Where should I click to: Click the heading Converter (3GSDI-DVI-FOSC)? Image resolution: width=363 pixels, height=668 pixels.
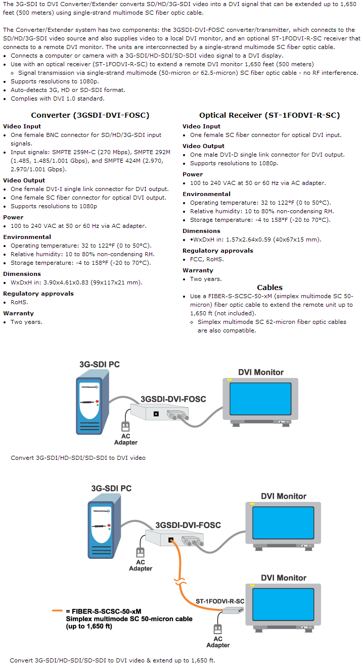tap(90, 115)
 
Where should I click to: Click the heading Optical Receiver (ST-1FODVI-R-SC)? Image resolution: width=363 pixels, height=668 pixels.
tap(269, 115)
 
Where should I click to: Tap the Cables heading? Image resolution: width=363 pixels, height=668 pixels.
tap(269, 288)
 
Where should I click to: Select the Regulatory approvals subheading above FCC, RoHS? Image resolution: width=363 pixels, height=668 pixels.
tap(218, 251)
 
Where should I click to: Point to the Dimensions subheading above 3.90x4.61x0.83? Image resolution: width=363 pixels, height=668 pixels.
tap(22, 274)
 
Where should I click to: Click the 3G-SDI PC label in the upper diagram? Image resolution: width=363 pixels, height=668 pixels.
tap(100, 364)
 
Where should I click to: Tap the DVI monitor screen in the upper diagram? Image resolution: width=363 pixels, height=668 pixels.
tap(260, 398)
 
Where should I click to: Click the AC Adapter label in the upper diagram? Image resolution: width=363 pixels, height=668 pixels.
tap(126, 439)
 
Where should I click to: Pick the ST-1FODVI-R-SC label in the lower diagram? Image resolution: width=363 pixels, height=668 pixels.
tap(220, 601)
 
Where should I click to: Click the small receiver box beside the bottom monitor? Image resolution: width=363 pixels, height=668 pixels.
tap(233, 610)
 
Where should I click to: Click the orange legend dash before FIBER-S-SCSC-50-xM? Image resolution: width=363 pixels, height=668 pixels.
tap(57, 611)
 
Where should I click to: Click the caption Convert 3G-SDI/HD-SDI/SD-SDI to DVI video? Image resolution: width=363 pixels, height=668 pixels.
tap(78, 458)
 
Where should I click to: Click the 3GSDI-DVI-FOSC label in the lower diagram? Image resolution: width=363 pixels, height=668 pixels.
tap(188, 525)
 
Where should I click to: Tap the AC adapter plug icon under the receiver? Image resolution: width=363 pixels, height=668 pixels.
tap(218, 630)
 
